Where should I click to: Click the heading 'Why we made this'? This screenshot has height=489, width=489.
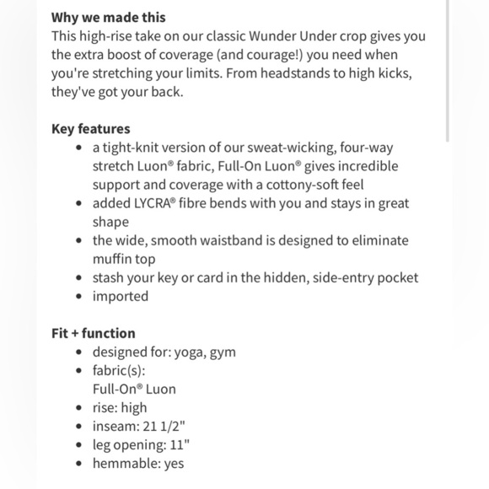pos(108,17)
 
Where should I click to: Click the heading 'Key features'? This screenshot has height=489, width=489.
pos(90,129)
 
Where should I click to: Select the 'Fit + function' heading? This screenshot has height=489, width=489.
pos(93,333)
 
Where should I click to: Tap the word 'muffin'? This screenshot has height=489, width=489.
pos(113,259)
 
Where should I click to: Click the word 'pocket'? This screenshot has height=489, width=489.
pos(396,277)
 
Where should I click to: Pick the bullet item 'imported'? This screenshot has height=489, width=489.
pos(120,296)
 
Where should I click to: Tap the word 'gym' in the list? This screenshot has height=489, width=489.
pos(223,352)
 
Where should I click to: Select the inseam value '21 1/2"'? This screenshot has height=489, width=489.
pos(166,426)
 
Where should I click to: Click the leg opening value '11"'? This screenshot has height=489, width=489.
pos(180,444)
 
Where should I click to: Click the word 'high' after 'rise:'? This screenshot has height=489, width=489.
pos(133,407)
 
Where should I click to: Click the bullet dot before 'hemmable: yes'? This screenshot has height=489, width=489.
pos(79,463)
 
